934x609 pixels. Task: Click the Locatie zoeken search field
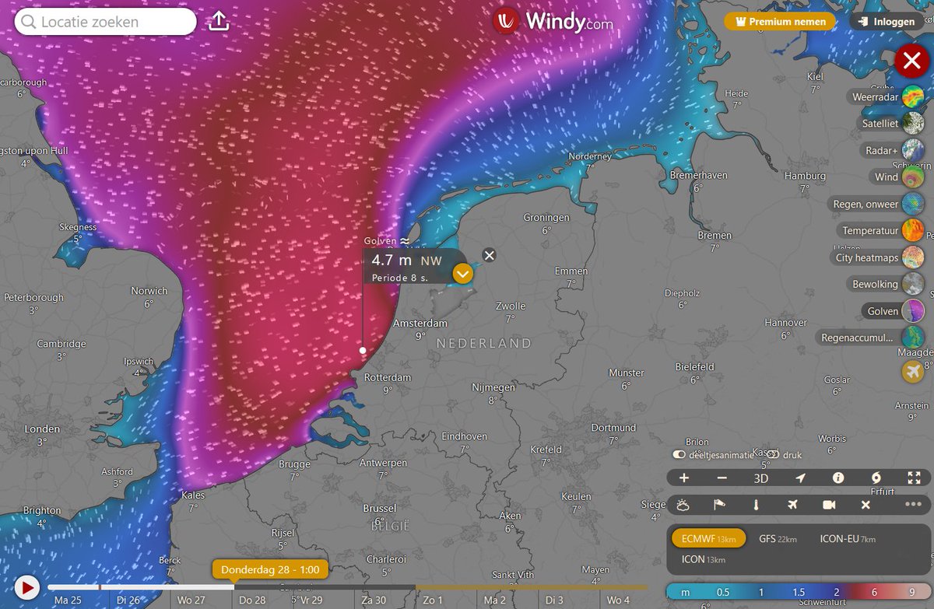pyautogui.click(x=106, y=22)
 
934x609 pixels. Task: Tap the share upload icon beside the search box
pyautogui.click(x=219, y=22)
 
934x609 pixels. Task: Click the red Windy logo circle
pyautogui.click(x=506, y=21)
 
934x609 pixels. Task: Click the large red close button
pyautogui.click(x=911, y=61)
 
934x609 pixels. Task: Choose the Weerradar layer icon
pyautogui.click(x=913, y=97)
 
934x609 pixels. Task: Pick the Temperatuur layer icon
pyautogui.click(x=913, y=231)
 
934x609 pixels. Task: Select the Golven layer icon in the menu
pyautogui.click(x=913, y=311)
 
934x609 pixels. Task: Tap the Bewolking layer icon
pyautogui.click(x=913, y=284)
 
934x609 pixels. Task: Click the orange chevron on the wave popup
pyautogui.click(x=463, y=274)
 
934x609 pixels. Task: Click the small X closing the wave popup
pyautogui.click(x=488, y=255)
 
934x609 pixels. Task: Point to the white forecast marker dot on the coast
pyautogui.click(x=363, y=351)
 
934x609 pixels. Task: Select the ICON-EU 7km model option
pyautogui.click(x=848, y=538)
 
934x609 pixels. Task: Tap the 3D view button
pyautogui.click(x=761, y=478)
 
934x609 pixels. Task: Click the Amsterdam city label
pyautogui.click(x=420, y=323)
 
